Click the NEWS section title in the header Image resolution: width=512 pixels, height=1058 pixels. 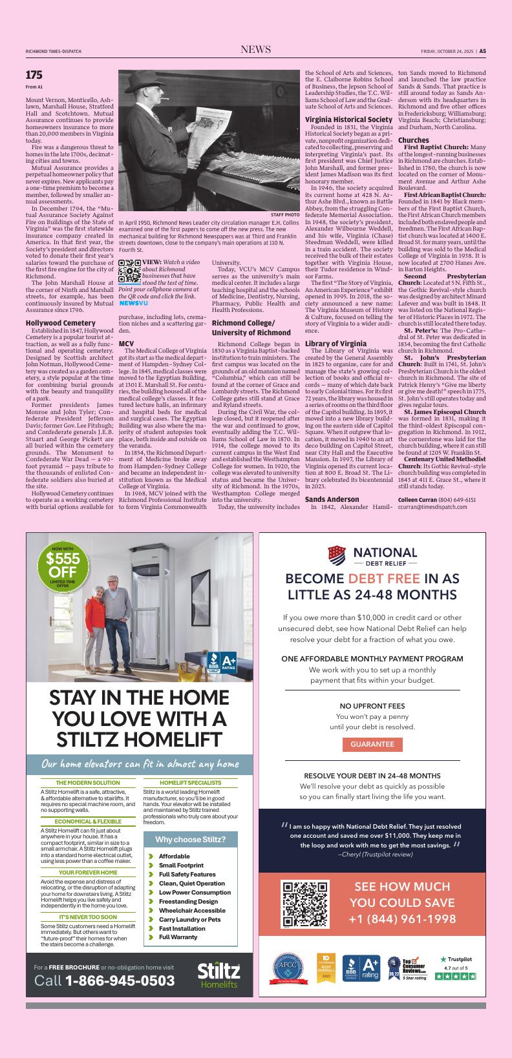pos(255,50)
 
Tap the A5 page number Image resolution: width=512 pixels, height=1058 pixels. pos(482,51)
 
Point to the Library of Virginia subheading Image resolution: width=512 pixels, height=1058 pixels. pos(336,343)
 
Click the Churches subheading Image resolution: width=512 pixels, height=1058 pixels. pos(414,140)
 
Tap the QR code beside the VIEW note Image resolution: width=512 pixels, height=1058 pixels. pos(129,273)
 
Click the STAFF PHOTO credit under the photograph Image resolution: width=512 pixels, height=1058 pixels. pos(285,214)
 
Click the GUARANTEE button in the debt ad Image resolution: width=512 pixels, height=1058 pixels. pos(372,744)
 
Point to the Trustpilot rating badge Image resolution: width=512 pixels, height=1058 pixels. pos(456,968)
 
